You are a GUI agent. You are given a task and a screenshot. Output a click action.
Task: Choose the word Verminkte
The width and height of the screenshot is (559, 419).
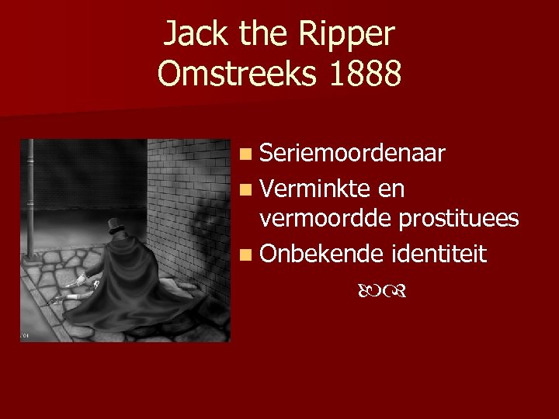[x=316, y=188]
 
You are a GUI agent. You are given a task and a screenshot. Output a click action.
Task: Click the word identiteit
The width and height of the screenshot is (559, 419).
[x=439, y=252]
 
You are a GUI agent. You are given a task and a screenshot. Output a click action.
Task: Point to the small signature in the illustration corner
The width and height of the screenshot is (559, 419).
[x=25, y=335]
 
